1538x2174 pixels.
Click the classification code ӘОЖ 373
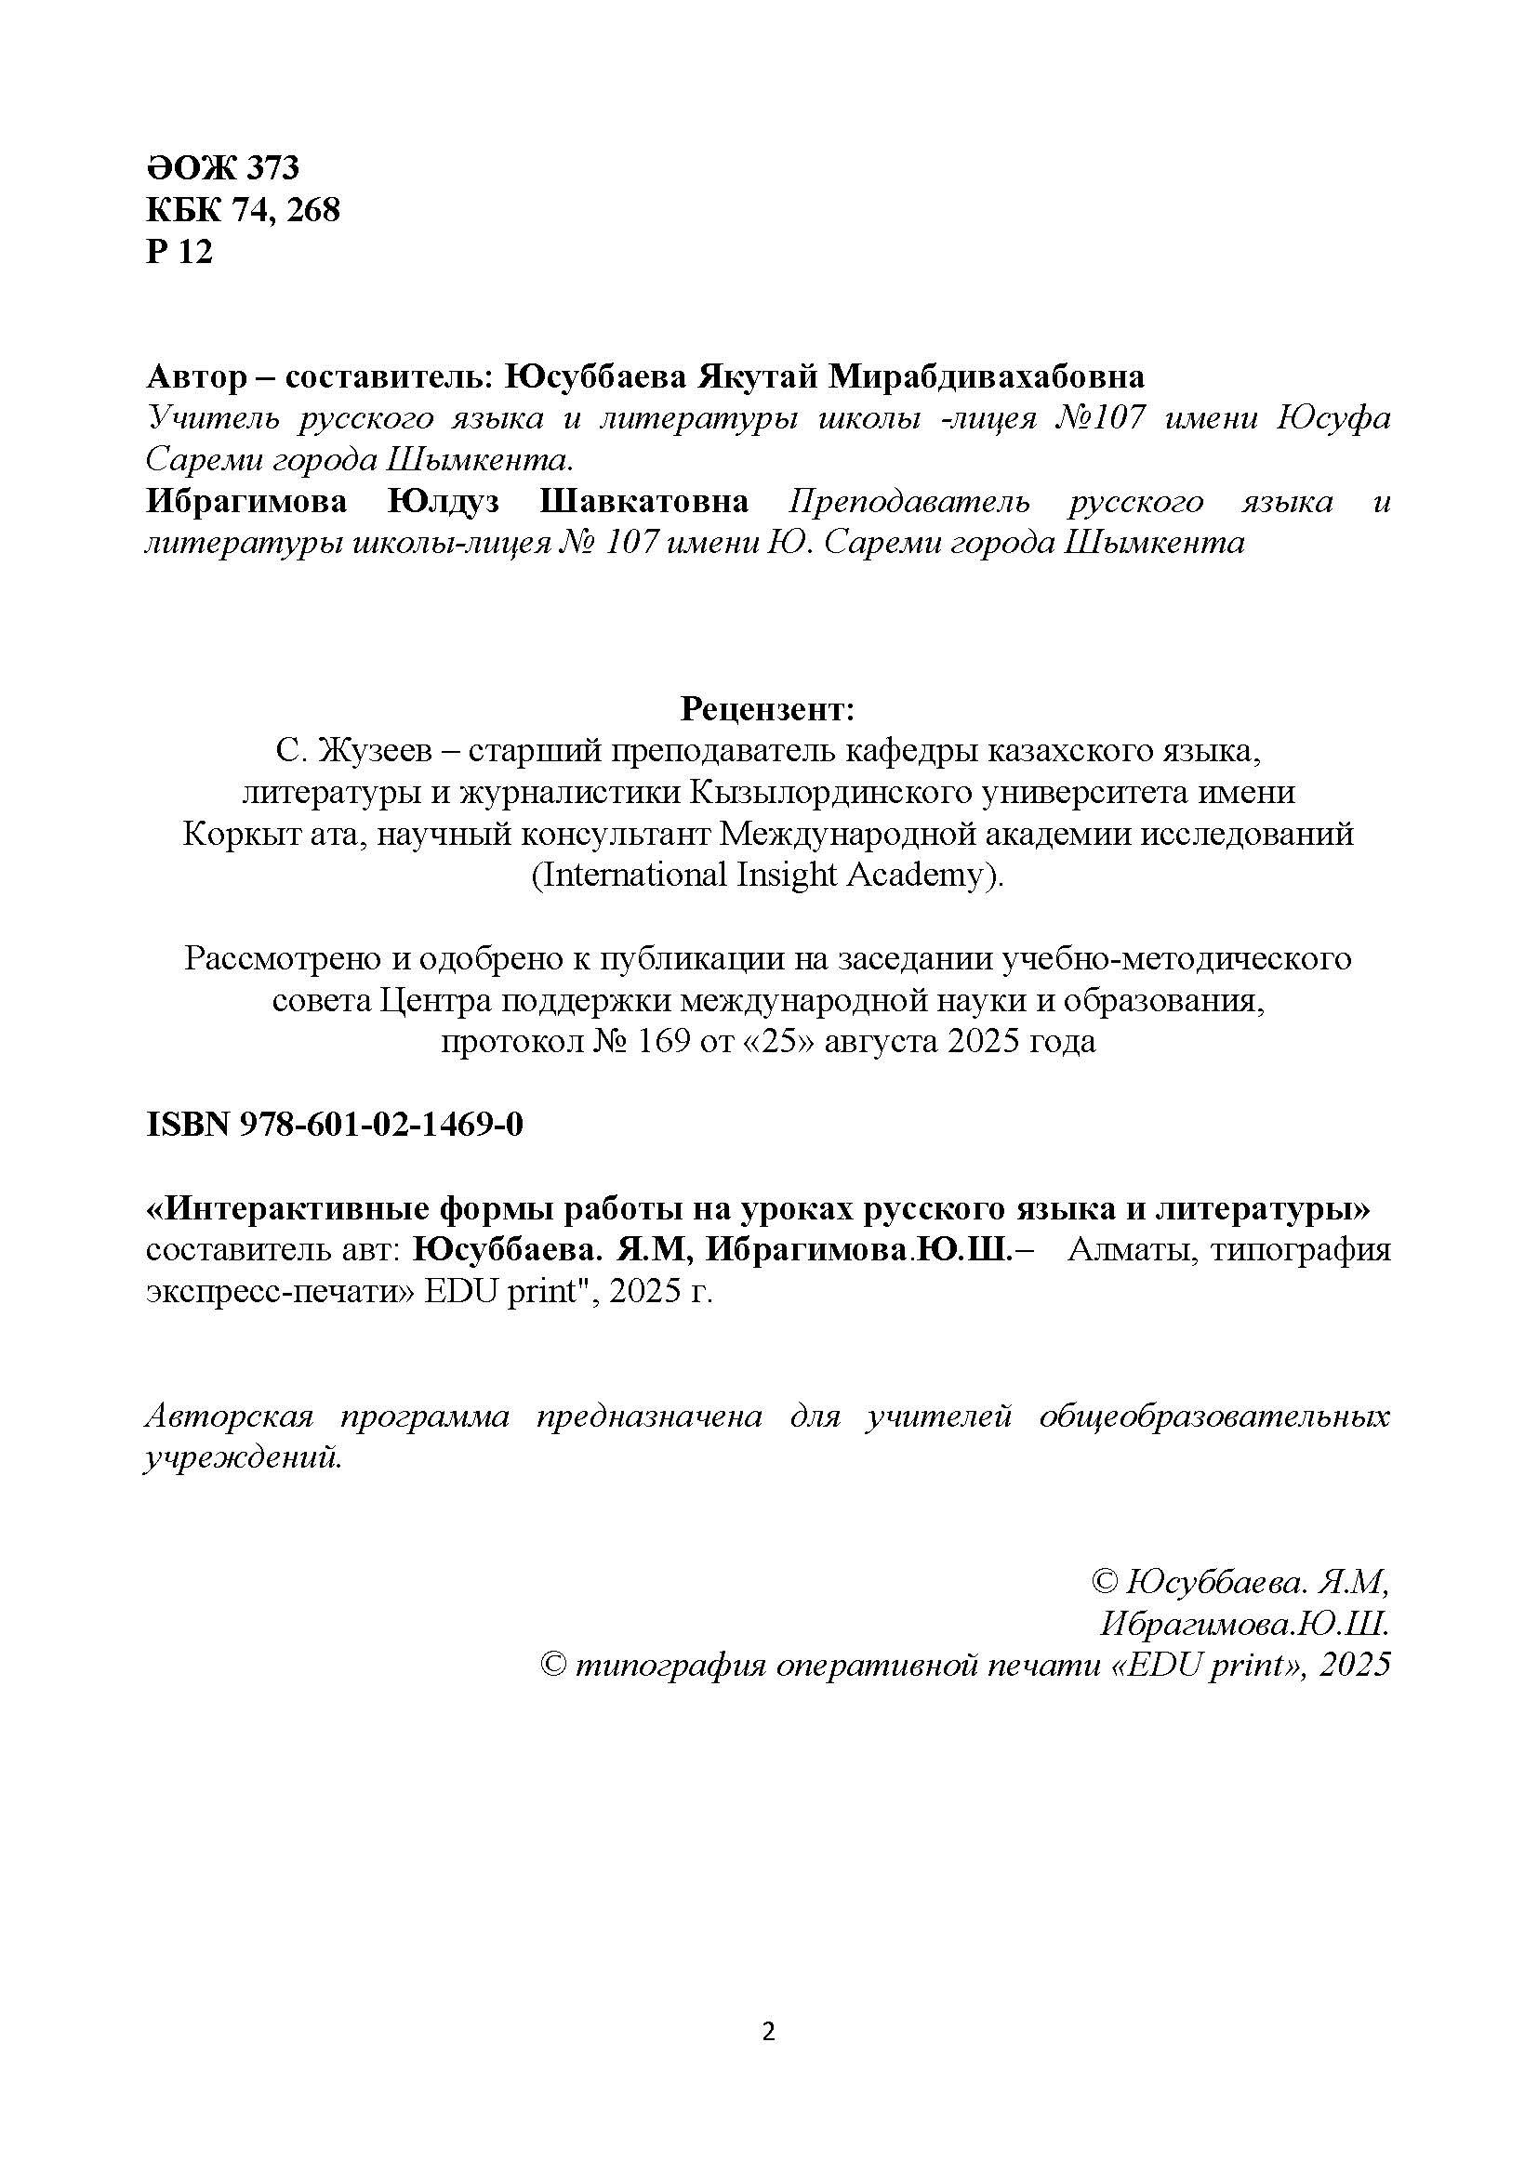pos(222,167)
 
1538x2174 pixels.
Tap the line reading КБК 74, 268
pos(243,210)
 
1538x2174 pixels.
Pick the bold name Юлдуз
pos(444,502)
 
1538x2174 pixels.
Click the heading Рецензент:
pos(768,708)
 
